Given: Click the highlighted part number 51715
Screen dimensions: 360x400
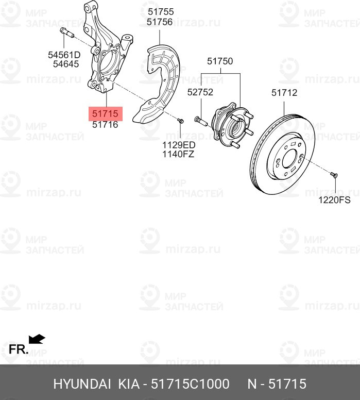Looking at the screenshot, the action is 105,113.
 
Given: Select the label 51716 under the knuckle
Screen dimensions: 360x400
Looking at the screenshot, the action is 105,125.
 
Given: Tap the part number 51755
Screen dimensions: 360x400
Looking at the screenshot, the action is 161,12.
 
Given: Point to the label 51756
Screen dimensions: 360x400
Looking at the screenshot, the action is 160,22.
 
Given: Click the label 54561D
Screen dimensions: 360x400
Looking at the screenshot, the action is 64,55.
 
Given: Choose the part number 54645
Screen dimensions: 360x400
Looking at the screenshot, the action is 66,64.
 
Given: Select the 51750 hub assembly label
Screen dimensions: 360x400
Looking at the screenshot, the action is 220,61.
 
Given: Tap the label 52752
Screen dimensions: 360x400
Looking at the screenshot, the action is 200,92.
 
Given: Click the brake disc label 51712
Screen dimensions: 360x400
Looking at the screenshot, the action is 284,93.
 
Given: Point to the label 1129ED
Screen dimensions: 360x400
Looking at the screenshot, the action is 179,145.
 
